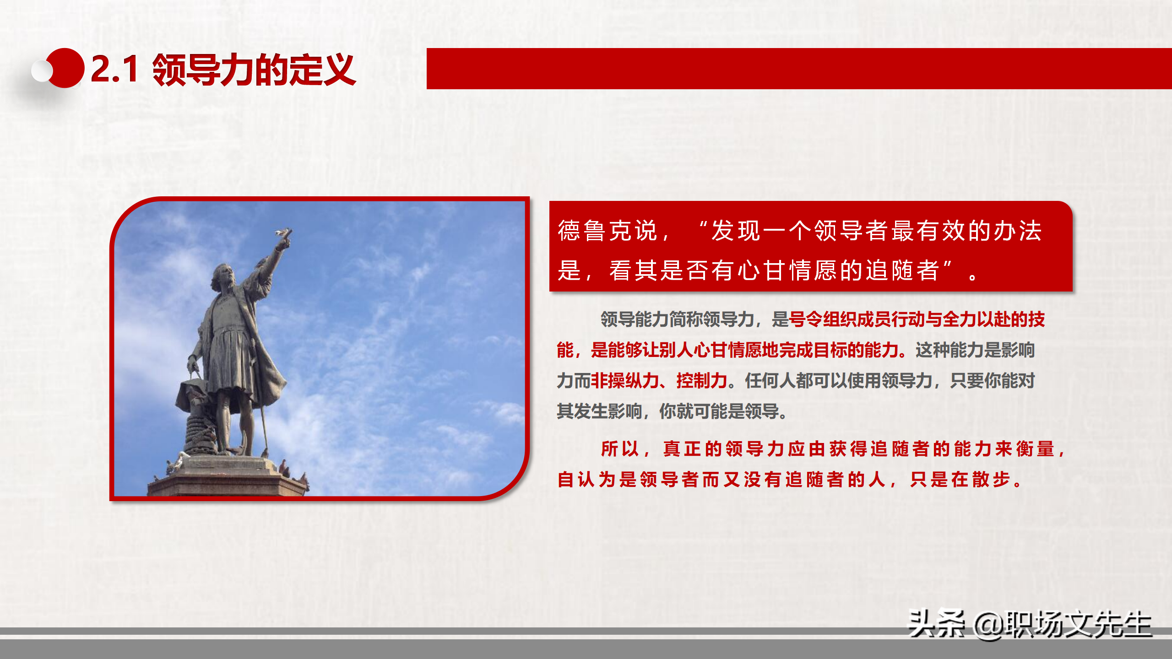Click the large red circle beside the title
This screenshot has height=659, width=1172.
tap(66, 68)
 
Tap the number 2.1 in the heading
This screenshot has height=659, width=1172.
tap(114, 70)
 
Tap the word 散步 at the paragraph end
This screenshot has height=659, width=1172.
tap(991, 480)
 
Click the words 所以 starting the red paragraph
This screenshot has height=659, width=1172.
tap(620, 449)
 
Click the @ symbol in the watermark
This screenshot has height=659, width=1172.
tap(989, 625)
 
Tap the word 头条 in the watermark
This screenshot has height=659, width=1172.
tap(936, 624)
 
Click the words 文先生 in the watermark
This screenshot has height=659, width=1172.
tap(1108, 625)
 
